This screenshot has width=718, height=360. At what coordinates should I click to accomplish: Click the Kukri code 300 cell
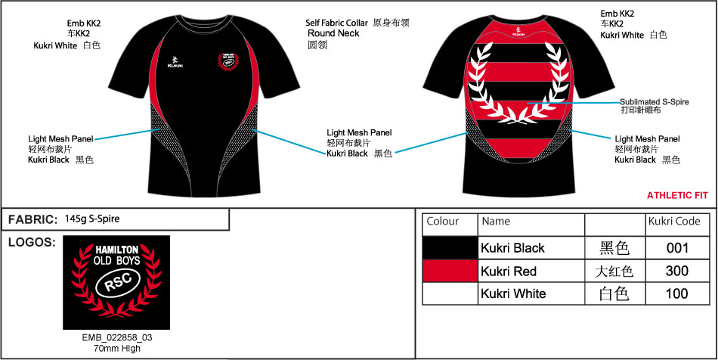[677, 272]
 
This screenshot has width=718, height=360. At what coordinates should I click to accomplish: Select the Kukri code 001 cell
[677, 248]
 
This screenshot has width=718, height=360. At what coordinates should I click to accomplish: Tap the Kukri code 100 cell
[677, 293]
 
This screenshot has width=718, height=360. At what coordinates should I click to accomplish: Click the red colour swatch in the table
[450, 272]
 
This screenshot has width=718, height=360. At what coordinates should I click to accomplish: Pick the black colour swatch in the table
[450, 248]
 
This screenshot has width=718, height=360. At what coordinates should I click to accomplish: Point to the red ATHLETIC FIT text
[677, 196]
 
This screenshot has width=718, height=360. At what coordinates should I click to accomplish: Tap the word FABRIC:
[32, 220]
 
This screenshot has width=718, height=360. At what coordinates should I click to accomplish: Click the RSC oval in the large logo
[116, 284]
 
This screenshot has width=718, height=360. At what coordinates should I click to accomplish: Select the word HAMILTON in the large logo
[116, 250]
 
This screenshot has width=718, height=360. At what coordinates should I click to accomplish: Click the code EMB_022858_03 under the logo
[116, 338]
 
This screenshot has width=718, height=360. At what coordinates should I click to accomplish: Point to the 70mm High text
[116, 349]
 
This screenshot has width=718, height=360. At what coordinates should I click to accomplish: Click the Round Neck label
[333, 33]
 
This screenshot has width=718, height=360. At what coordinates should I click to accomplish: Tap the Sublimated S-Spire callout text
[655, 101]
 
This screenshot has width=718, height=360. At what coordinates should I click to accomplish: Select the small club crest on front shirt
[228, 61]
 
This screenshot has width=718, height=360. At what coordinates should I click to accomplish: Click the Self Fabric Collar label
[336, 23]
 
